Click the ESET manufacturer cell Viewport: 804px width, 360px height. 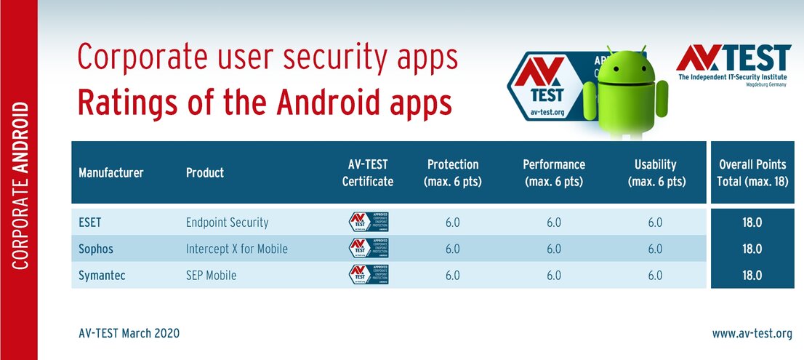click(91, 223)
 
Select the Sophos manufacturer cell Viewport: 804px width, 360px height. click(96, 249)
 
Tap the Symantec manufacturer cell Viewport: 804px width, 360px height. click(102, 275)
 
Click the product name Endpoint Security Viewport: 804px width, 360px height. click(227, 223)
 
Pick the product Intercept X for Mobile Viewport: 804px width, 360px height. click(236, 249)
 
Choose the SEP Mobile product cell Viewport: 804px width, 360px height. click(211, 275)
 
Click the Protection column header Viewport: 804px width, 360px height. click(452, 172)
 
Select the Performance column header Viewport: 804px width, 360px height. click(554, 172)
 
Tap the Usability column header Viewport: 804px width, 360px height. click(655, 172)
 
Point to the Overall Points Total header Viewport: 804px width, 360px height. click(752, 172)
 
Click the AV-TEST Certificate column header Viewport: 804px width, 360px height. click(368, 172)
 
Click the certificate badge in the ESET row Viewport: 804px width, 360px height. click(369, 223)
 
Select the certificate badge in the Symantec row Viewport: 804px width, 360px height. click(369, 275)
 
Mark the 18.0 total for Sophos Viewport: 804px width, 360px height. click(752, 249)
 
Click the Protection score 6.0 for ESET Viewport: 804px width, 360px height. click(452, 223)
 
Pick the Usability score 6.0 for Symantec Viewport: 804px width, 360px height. click(655, 275)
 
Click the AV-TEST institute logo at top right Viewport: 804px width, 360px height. click(733, 65)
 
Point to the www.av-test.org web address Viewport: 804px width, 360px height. click(752, 334)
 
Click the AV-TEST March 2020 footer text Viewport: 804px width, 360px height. click(129, 334)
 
